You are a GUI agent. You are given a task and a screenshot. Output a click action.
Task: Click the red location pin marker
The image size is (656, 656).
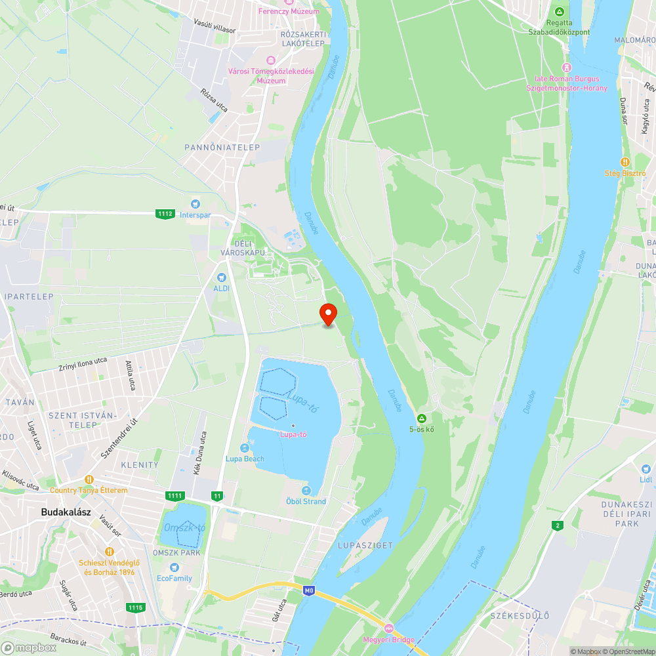pyautogui.click(x=328, y=314)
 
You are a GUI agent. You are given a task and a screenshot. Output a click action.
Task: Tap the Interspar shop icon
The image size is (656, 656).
pyautogui.click(x=195, y=204)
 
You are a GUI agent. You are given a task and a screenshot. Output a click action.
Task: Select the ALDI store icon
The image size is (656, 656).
pyautogui.click(x=221, y=277)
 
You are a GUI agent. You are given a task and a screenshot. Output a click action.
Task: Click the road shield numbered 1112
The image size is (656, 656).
pyautogui.click(x=165, y=213)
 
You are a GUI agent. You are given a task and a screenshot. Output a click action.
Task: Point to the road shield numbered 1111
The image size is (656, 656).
pyautogui.click(x=174, y=495)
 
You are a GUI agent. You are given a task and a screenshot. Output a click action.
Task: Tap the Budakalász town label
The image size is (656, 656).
pyautogui.click(x=65, y=512)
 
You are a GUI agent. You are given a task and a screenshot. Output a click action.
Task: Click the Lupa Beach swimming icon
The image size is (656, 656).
pyautogui.click(x=245, y=448)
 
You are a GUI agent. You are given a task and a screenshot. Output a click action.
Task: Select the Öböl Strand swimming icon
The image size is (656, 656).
pyautogui.click(x=306, y=491)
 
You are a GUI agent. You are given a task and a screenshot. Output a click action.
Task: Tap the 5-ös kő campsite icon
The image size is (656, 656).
pyautogui.click(x=422, y=419)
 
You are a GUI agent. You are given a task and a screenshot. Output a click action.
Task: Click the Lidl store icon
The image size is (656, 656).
pyautogui.click(x=646, y=468)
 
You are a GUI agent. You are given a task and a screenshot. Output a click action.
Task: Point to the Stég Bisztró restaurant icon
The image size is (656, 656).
pyautogui.click(x=625, y=162)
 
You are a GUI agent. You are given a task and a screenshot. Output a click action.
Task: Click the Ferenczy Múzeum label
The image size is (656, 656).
pyautogui.click(x=289, y=11)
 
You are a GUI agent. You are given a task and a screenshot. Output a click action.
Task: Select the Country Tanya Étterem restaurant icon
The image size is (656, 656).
pyautogui.click(x=89, y=479)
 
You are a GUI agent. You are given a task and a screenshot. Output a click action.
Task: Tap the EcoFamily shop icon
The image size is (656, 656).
pyautogui.click(x=174, y=567)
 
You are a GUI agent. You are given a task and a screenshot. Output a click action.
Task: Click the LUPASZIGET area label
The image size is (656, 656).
pyautogui.click(x=365, y=545)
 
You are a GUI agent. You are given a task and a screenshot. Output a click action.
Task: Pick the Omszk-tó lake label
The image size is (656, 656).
pyautogui.click(x=184, y=527)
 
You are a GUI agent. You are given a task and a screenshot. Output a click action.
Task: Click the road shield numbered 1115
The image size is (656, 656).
pyautogui.click(x=136, y=607)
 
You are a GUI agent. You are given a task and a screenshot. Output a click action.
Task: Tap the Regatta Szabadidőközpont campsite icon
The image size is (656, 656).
pyautogui.click(x=560, y=12)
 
